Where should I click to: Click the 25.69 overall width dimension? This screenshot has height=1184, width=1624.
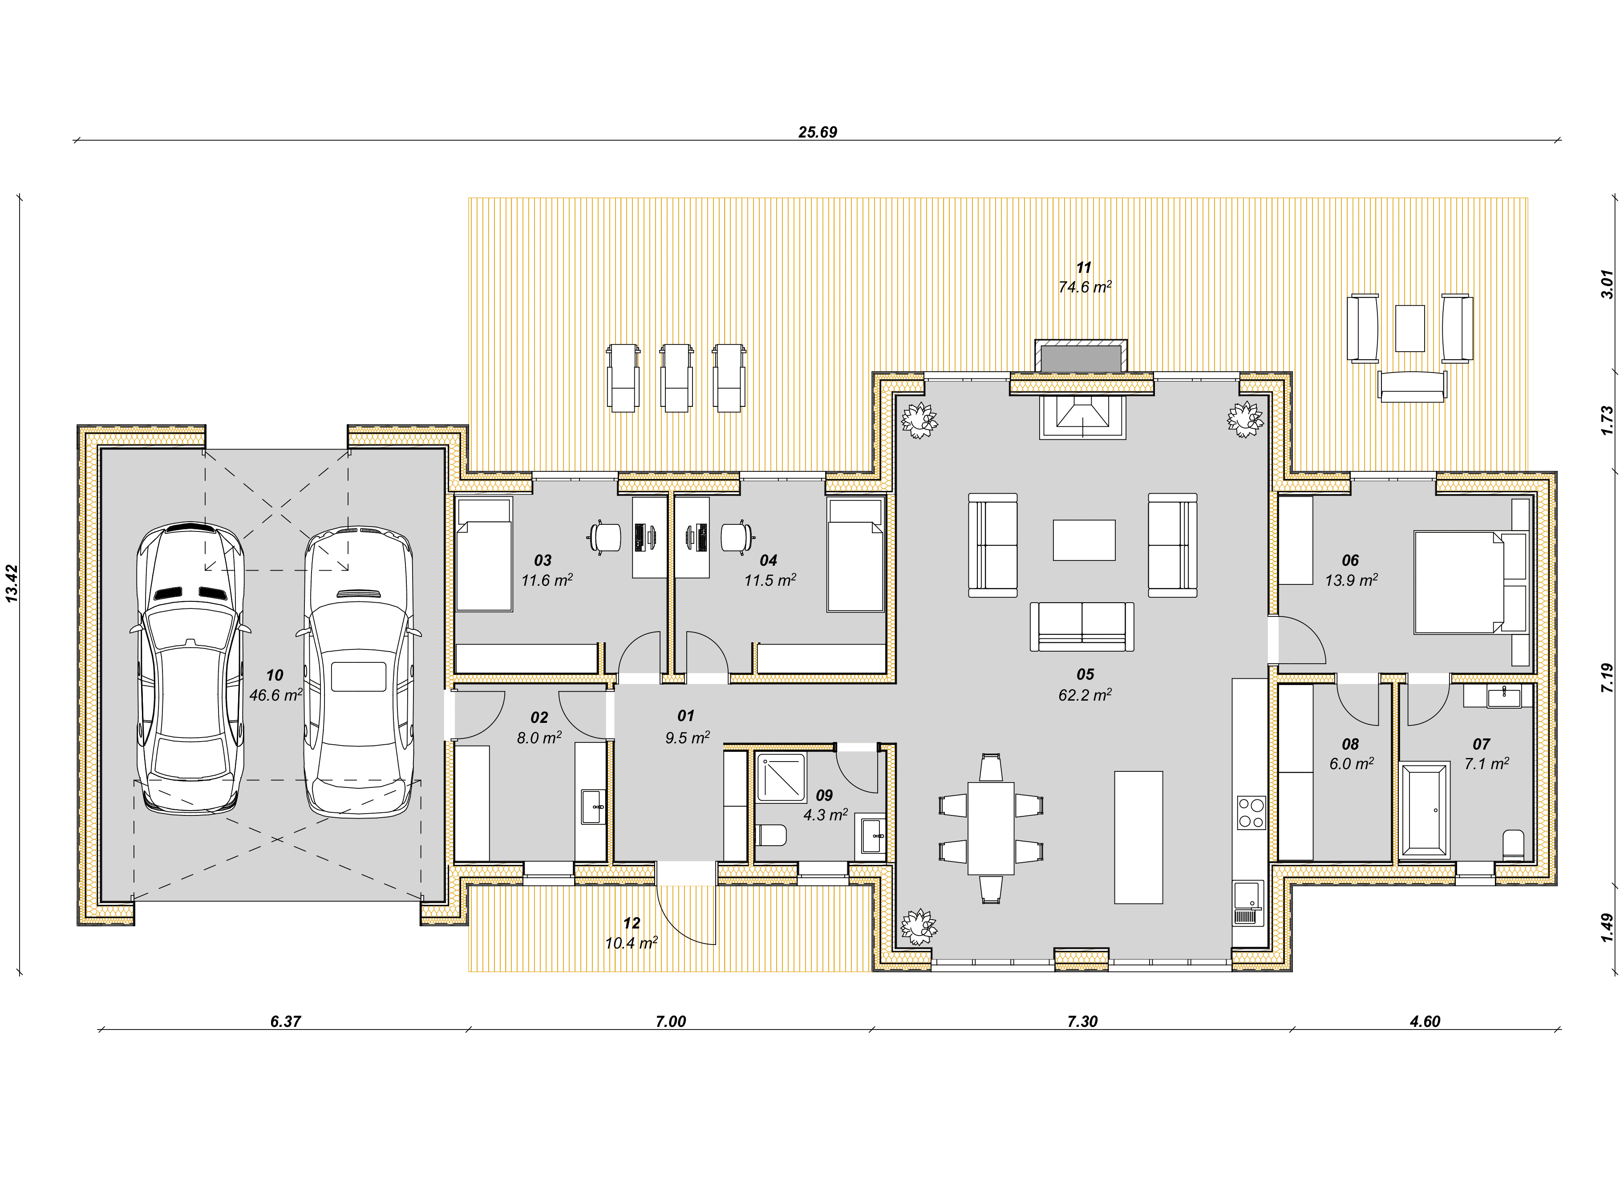[x=818, y=132]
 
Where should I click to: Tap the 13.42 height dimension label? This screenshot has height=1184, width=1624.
[x=12, y=584]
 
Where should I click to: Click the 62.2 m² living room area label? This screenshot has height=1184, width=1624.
[x=1085, y=694]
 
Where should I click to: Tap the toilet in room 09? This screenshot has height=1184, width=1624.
[x=772, y=835]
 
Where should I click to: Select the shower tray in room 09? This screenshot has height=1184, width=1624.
[x=781, y=777]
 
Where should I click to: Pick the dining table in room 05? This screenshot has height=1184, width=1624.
[x=991, y=828]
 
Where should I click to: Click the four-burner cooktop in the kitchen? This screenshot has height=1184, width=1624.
[x=1251, y=813]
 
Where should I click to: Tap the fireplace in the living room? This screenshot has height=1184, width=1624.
[x=1082, y=417]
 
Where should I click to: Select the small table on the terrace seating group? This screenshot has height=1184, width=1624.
[x=1410, y=328]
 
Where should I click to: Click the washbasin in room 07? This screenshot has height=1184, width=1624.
[x=1503, y=695]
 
